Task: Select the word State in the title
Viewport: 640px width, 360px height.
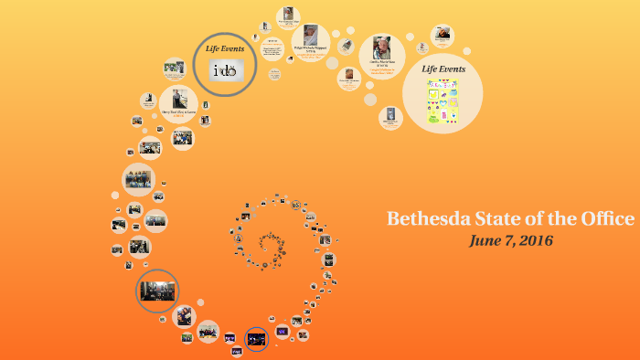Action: click(510, 219)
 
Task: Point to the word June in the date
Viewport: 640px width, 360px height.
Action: click(485, 241)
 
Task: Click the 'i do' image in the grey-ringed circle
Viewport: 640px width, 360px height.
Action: click(225, 70)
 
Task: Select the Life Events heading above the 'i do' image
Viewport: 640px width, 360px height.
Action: click(225, 48)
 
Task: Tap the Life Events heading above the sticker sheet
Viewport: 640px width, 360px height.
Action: click(443, 69)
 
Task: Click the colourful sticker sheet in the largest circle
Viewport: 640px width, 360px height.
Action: click(443, 101)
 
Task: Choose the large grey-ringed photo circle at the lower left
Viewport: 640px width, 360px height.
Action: click(157, 291)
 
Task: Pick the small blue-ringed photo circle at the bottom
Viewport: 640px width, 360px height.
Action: click(257, 339)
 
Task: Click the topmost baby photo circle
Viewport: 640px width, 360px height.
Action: click(288, 16)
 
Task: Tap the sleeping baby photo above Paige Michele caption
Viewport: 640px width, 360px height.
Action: click(311, 34)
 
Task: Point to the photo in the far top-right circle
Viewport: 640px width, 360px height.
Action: click(443, 36)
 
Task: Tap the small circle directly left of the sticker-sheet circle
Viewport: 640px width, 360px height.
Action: click(390, 117)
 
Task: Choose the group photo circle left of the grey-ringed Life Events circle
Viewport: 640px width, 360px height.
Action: click(174, 69)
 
